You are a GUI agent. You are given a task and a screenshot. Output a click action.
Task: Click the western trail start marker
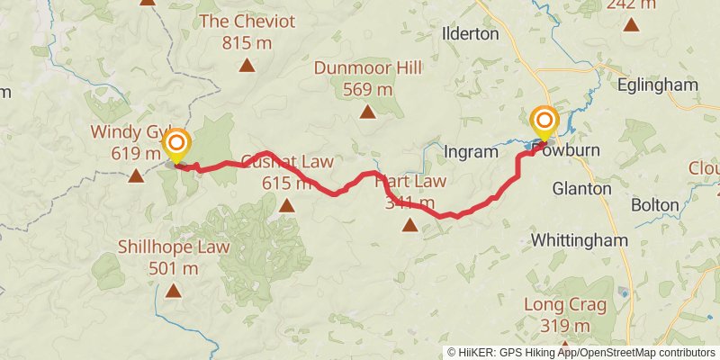[x=176, y=145]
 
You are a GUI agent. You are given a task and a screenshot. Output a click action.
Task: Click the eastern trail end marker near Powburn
[x=544, y=121]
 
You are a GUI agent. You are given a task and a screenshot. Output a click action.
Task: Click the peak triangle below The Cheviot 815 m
[x=246, y=65]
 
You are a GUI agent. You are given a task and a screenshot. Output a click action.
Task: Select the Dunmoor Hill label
[x=367, y=68]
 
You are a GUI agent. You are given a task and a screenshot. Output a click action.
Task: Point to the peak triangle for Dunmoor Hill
[x=367, y=112]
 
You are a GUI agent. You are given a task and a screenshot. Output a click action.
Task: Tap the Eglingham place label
[x=659, y=85]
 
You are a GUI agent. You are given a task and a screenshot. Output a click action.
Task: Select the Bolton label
[x=654, y=205]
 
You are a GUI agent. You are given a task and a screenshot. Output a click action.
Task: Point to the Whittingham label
[x=579, y=241]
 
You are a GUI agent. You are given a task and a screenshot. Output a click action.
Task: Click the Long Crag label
[x=564, y=305]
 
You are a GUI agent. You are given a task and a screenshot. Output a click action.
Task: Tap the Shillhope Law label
[x=174, y=247]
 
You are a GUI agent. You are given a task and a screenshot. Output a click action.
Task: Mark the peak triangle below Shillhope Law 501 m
[x=174, y=291]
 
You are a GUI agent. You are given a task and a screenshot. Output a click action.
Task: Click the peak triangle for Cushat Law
[x=286, y=206]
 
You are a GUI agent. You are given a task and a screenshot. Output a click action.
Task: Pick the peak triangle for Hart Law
[x=409, y=227]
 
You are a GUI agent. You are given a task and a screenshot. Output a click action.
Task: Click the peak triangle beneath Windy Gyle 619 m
[x=135, y=175]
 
